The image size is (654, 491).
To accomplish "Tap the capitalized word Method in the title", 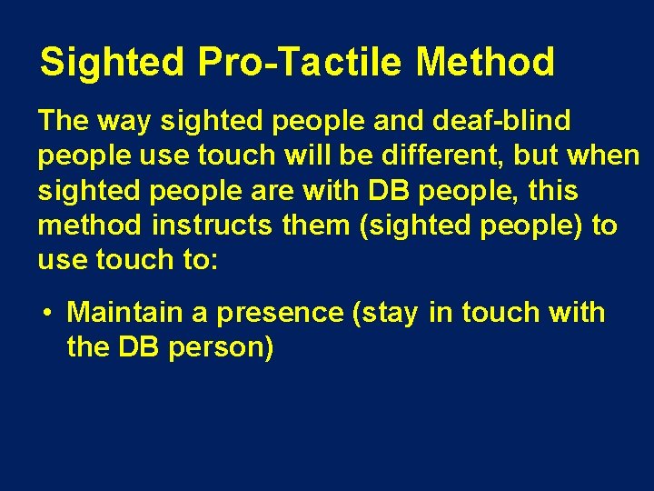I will point(485,63).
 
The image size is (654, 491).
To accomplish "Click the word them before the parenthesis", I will point(319,225).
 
